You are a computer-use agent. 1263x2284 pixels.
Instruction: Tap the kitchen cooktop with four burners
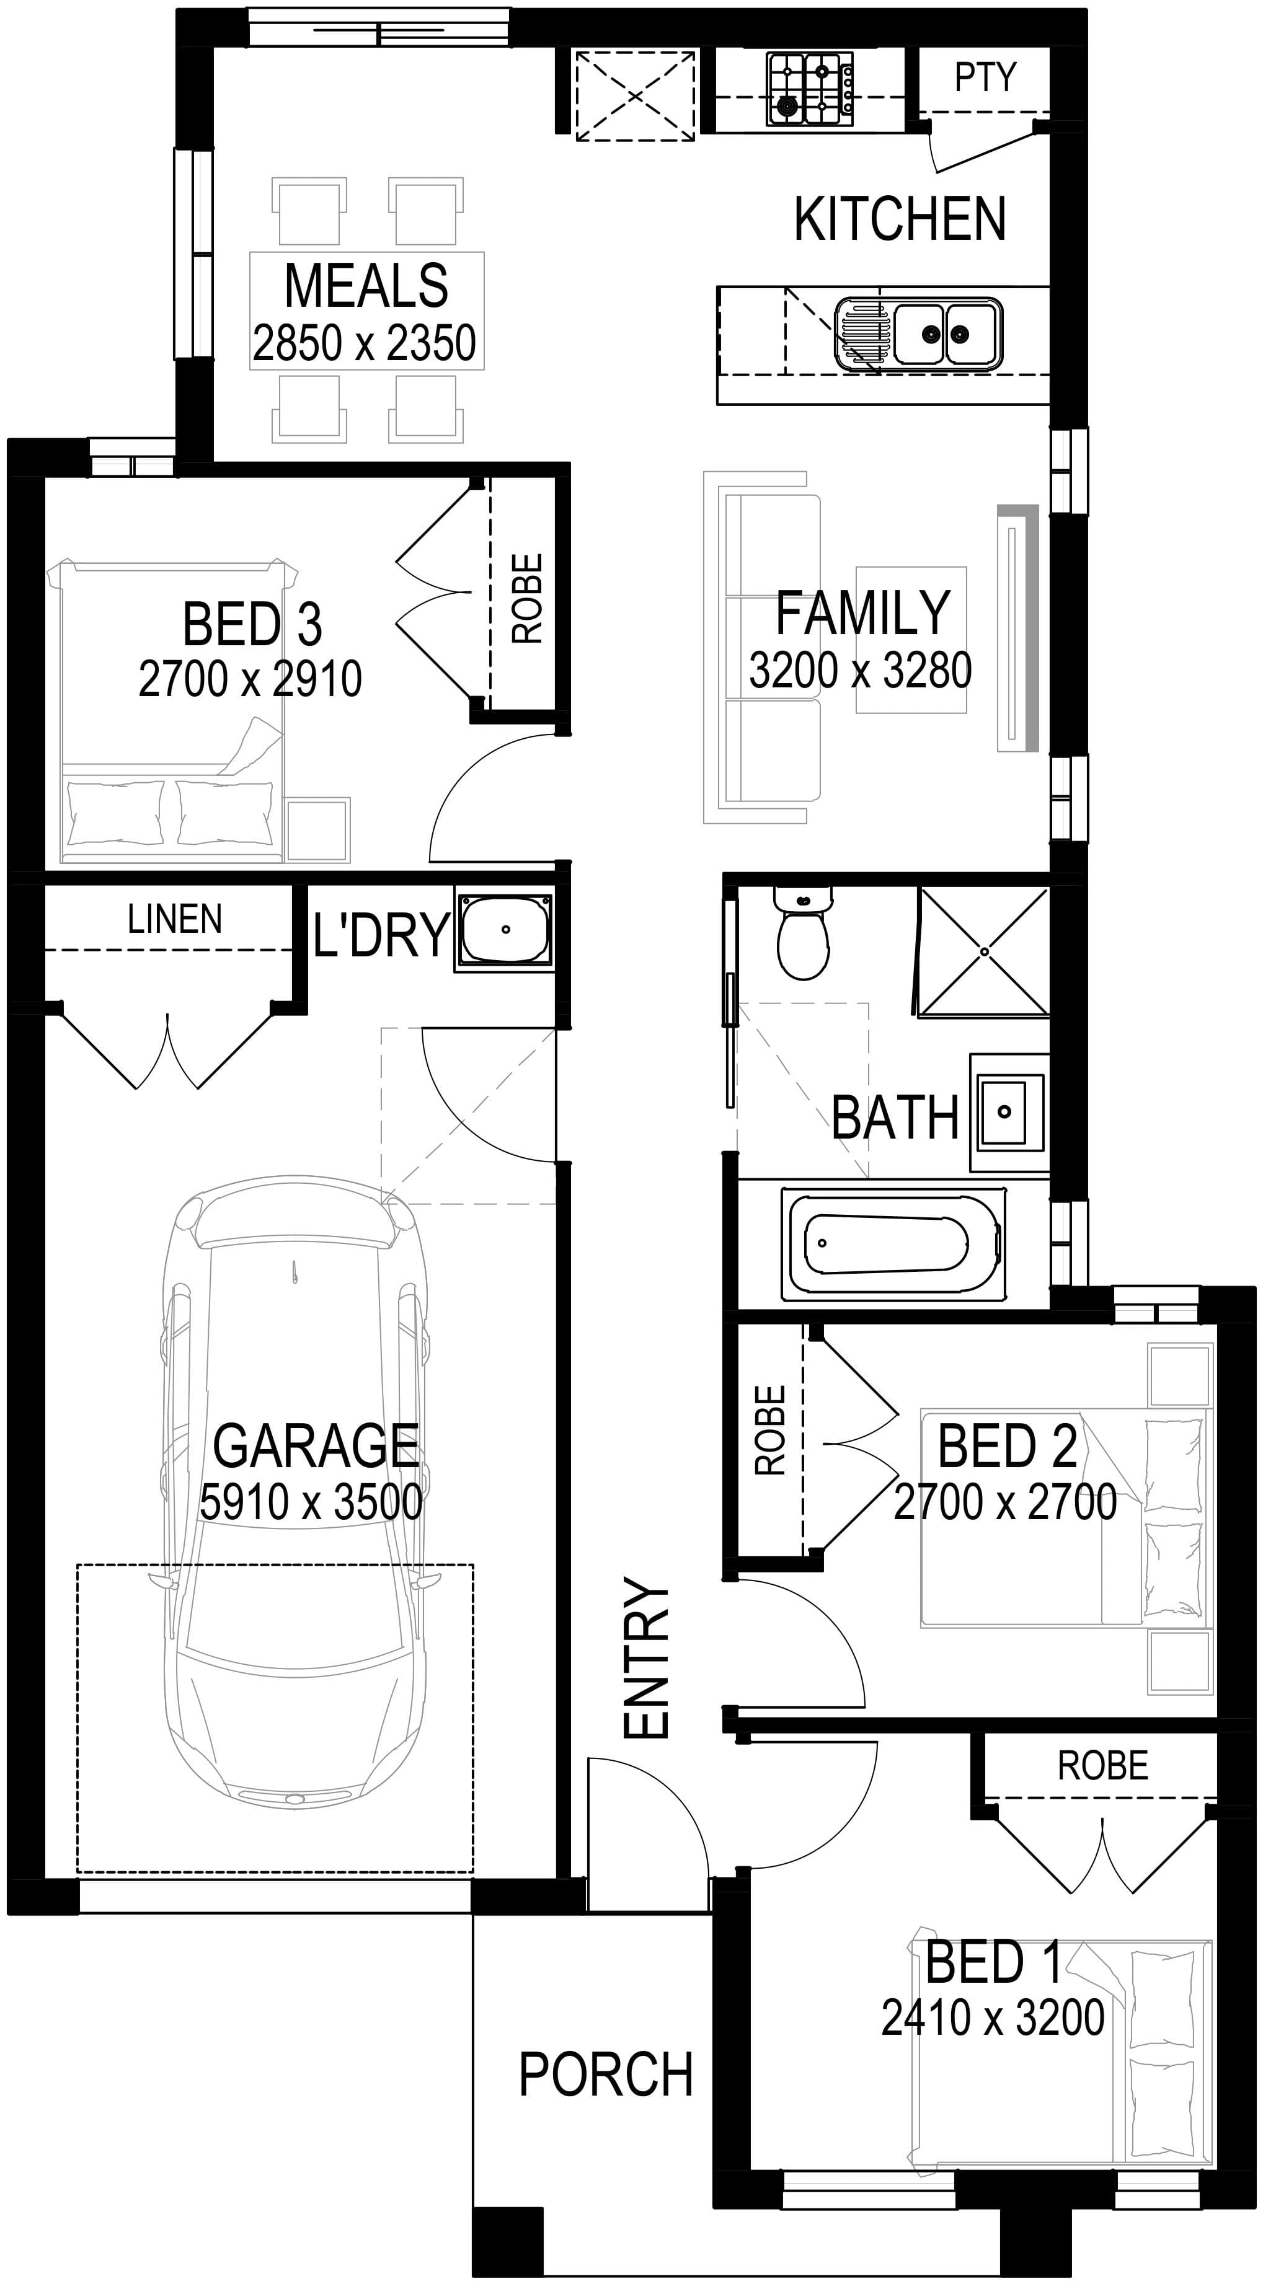pos(810,87)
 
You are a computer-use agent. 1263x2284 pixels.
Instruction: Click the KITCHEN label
pos(900,218)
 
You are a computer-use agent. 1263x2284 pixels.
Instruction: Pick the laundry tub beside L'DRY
pos(504,929)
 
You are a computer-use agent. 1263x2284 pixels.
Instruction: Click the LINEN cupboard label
pos(175,919)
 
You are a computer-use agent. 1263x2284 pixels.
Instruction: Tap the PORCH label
pos(606,2074)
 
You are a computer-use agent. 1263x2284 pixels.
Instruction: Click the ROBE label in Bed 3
pos(527,599)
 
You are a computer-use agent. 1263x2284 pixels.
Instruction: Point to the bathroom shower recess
pos(983,951)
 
